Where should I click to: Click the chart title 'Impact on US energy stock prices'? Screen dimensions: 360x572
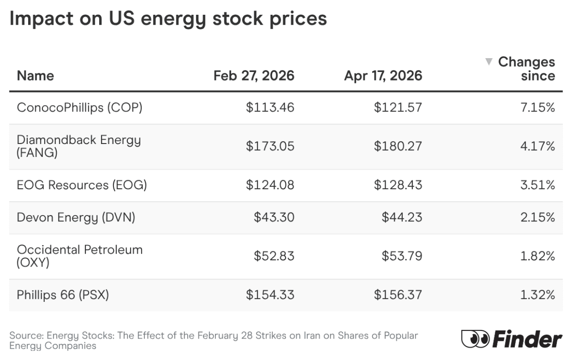coord(168,19)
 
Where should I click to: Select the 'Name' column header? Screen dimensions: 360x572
coord(35,76)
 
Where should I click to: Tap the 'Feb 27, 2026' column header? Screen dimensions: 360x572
coord(254,76)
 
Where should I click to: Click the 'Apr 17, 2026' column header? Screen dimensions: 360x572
coord(383,76)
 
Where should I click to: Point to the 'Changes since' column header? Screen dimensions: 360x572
coord(526,69)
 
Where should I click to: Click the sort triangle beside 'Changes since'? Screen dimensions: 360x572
coord(489,62)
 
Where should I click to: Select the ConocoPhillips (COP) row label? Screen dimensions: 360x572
coord(80,108)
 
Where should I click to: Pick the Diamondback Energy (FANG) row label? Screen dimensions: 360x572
coord(79,146)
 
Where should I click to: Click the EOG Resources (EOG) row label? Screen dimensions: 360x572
coord(82,185)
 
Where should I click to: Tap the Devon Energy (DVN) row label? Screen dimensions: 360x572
coord(76,217)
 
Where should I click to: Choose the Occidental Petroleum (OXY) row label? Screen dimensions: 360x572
coord(80,256)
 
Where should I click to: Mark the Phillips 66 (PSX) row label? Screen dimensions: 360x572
coord(63,295)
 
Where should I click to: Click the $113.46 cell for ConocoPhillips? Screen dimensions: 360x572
coord(270,108)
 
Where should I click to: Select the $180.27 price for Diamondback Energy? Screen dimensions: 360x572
coord(398,146)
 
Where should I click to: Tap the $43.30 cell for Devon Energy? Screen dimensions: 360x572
coord(274,217)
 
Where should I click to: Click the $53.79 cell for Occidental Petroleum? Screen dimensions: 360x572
coord(402,256)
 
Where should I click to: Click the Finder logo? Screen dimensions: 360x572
coord(511,339)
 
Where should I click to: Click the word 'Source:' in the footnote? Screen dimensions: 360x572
coord(26,336)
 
